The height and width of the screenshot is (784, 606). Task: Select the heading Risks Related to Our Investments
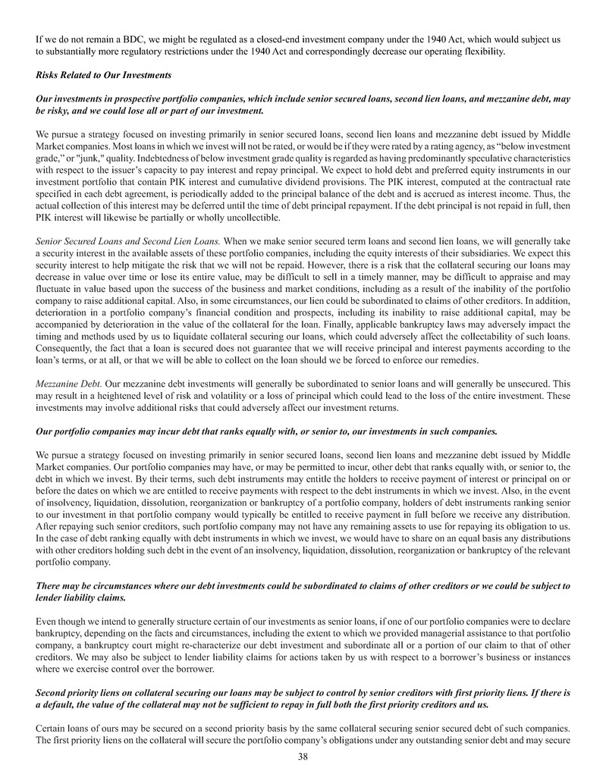[103, 75]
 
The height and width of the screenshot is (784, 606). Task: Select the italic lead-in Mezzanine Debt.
[67, 385]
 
